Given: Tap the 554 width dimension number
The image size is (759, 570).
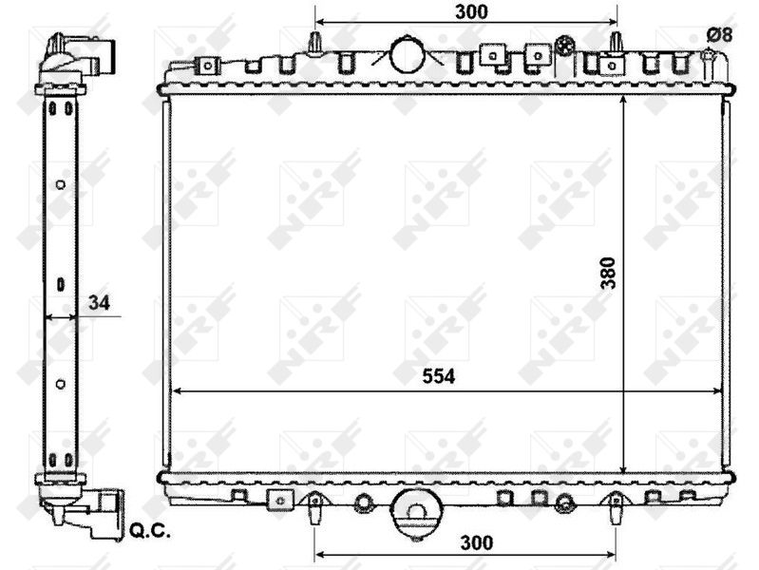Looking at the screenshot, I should [x=439, y=376].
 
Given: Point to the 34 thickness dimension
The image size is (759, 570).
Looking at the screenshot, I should [x=98, y=303].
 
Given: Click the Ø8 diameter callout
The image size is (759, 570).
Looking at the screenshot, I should [x=719, y=34].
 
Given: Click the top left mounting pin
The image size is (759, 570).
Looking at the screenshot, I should [x=315, y=42].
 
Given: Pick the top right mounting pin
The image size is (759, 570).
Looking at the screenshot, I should [x=616, y=42].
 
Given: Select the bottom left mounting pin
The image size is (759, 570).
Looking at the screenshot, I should [x=315, y=509].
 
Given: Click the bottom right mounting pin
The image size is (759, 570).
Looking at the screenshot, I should [x=616, y=509].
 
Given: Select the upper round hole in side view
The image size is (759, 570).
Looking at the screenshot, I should [x=60, y=184].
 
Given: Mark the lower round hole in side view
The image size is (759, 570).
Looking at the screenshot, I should [x=60, y=384].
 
